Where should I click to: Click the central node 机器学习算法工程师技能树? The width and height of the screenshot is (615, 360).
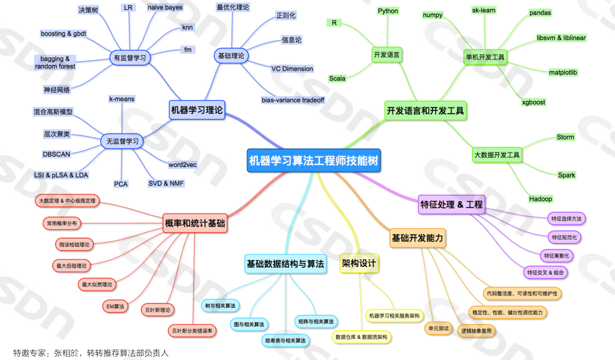[314, 160]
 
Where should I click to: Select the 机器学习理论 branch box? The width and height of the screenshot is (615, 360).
[197, 110]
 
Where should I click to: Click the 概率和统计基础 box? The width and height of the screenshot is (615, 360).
[195, 223]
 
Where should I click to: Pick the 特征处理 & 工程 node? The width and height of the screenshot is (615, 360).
[451, 204]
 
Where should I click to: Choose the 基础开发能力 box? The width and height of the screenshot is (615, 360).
[417, 238]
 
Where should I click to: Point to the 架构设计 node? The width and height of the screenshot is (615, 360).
[359, 263]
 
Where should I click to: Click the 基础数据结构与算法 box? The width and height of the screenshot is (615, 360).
[285, 264]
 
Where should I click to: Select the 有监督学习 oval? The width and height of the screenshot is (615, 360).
[130, 58]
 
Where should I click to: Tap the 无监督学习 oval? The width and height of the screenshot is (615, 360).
[122, 141]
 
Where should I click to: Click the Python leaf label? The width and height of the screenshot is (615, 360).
[388, 11]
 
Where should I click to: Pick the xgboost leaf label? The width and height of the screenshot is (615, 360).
[534, 102]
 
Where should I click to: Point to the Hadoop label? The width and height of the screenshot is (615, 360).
[541, 199]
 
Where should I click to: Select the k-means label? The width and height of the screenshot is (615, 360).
[122, 99]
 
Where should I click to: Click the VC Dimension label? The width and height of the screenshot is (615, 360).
[292, 69]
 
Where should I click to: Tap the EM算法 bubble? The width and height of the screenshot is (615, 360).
[115, 306]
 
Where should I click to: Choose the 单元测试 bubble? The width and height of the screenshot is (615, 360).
[438, 328]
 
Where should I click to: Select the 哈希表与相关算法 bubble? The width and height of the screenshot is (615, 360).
[285, 340]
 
